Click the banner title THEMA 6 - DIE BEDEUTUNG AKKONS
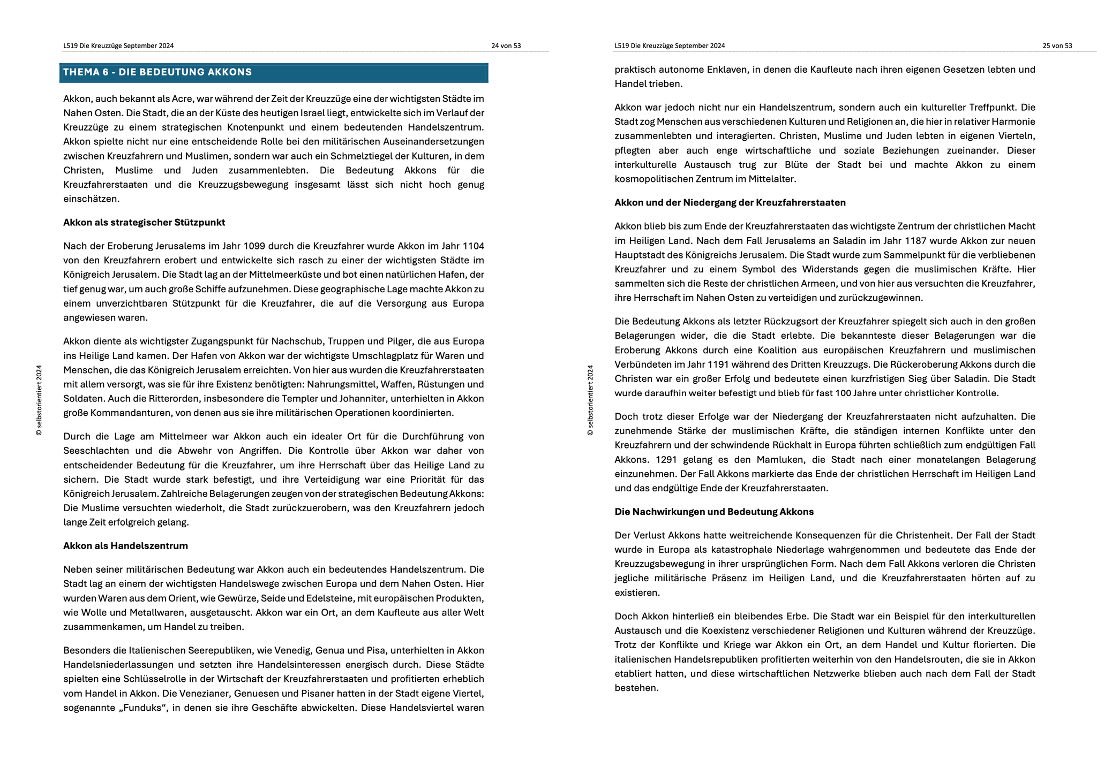[157, 72]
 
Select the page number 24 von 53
[506, 46]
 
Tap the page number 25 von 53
[1057, 46]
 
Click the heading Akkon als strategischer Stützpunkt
[144, 223]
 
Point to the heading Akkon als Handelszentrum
[125, 546]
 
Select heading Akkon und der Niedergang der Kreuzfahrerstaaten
[730, 203]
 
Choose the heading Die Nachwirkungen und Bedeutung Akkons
[714, 512]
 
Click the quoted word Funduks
[143, 708]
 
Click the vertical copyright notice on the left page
[39, 400]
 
